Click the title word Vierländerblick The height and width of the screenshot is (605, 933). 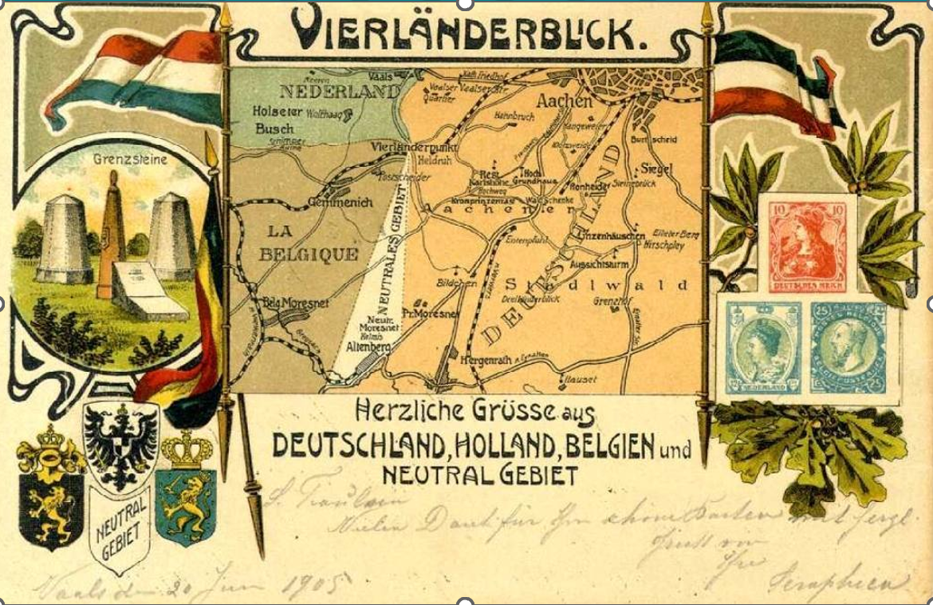tap(465, 30)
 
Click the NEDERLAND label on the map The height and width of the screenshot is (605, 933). tap(339, 90)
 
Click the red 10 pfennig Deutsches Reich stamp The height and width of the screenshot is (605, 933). tap(806, 243)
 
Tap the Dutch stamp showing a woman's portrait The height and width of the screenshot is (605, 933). tap(763, 349)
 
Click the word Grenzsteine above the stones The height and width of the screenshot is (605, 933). tap(120, 160)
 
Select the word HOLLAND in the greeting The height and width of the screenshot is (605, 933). tap(495, 445)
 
